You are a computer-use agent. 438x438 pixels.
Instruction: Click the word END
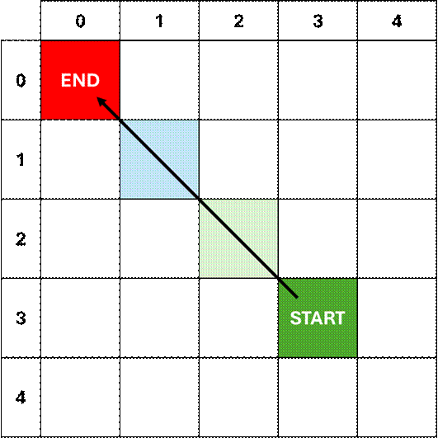pos(80,81)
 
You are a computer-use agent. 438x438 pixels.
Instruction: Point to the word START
pos(318,318)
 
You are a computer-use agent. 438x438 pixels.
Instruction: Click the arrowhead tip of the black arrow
pos(97,97)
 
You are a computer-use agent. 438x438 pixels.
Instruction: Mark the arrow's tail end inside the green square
pos(296,295)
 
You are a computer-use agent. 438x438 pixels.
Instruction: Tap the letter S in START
pos(295,318)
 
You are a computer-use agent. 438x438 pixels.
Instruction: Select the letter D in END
pos(93,81)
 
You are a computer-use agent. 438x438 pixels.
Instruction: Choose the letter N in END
pos(80,81)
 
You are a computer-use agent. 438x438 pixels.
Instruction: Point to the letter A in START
pos(317,318)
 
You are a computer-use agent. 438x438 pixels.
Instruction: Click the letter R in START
pos(328,318)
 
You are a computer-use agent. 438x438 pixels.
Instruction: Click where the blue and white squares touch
pos(199,199)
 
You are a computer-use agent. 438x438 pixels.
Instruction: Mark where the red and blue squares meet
pos(120,120)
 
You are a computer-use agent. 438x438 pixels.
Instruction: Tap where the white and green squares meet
pos(278,278)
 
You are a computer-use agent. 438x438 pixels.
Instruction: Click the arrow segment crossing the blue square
pos(159,159)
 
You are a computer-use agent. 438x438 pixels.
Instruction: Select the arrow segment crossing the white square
pos(238,238)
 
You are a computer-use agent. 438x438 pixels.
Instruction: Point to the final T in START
pos(339,318)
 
